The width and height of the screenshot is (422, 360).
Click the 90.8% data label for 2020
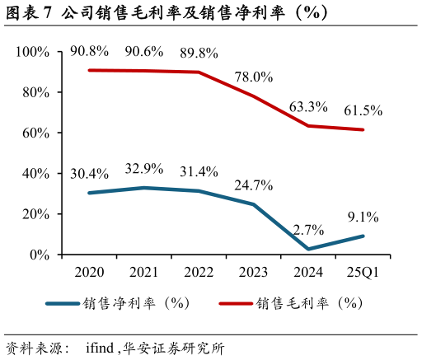coord(90,51)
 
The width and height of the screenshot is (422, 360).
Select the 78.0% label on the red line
coord(254,77)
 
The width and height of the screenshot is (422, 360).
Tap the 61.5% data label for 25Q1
coord(363,110)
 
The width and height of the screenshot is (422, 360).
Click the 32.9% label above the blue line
coord(144,169)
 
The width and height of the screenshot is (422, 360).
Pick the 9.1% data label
coord(363,217)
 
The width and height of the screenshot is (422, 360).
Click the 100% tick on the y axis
coord(33,52)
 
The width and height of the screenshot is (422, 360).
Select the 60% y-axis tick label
coord(36,133)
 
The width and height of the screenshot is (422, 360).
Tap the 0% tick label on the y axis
coord(40,255)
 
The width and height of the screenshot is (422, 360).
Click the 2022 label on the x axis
coord(199,272)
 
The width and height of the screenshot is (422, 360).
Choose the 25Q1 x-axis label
coord(363,272)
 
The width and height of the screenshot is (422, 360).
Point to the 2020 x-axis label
coord(89,272)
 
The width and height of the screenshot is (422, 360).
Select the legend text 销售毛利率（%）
coord(309,303)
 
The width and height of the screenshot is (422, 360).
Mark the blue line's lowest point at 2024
coord(308,249)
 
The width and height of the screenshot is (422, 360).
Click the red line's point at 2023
coord(254,96)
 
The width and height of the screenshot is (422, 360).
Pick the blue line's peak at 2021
coord(144,188)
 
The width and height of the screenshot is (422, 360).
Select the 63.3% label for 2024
coord(308,106)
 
